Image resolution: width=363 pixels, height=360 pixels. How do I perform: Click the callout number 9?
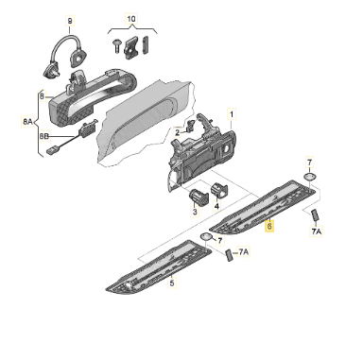pyautogui.click(x=70, y=21)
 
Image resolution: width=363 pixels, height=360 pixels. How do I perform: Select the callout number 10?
pyautogui.click(x=131, y=19)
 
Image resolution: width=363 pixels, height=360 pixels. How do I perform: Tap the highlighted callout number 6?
pyautogui.click(x=269, y=226)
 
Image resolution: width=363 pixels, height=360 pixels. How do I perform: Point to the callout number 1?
pyautogui.click(x=232, y=114)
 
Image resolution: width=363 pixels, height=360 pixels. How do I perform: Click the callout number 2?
pyautogui.click(x=178, y=132)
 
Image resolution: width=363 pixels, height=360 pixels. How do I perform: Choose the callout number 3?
pyautogui.click(x=195, y=212)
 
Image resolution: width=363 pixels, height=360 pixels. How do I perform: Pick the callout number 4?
pyautogui.click(x=216, y=206)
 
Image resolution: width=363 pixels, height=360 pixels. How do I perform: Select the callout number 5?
pyautogui.click(x=172, y=283)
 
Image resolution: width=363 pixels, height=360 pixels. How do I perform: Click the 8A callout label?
pyautogui.click(x=27, y=121)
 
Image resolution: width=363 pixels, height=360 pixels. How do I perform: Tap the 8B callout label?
pyautogui.click(x=44, y=136)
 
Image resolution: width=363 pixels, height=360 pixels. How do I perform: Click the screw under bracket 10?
pyautogui.click(x=116, y=46)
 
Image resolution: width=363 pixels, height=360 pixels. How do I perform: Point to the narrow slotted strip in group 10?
pyautogui.click(x=146, y=44)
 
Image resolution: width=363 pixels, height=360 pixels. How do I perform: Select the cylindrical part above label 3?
pyautogui.click(x=199, y=197)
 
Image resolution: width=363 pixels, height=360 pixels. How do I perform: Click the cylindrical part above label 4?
pyautogui.click(x=218, y=190)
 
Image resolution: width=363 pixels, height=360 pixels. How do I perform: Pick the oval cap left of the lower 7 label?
pyautogui.click(x=206, y=236)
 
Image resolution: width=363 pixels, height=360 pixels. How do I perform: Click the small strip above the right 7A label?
pyautogui.click(x=315, y=216)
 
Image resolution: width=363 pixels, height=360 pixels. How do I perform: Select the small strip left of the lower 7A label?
pyautogui.click(x=229, y=254)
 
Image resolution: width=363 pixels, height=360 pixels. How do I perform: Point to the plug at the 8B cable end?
pyautogui.click(x=51, y=151)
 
